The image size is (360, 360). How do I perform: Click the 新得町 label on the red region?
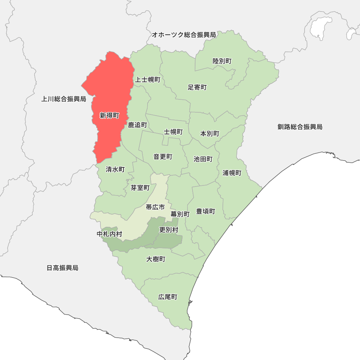click(x=109, y=116)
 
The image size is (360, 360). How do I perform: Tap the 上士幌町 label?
click(x=147, y=80)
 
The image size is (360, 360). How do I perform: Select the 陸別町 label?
click(x=222, y=61)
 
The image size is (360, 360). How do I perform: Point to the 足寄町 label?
click(x=197, y=87)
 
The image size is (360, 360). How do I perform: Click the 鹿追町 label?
click(x=138, y=125)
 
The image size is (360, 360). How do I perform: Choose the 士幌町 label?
click(x=173, y=132)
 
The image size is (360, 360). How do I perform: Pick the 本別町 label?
click(x=210, y=134)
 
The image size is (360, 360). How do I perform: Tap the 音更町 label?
click(x=163, y=157)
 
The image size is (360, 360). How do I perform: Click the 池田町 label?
click(x=203, y=159)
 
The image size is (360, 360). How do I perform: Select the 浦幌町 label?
click(x=232, y=173)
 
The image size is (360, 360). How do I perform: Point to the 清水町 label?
click(x=115, y=169)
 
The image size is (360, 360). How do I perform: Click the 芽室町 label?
click(x=140, y=188)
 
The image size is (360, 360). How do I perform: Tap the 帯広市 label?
click(x=155, y=207)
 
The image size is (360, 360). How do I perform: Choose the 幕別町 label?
click(x=180, y=214)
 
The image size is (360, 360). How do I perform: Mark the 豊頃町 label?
click(x=206, y=211)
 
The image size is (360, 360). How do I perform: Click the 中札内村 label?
click(x=109, y=234)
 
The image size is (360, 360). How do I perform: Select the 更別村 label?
click(x=168, y=230)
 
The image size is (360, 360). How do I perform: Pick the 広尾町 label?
click(x=168, y=297)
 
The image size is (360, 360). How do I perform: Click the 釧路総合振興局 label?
click(x=300, y=127)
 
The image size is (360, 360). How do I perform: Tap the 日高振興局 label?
click(x=63, y=268)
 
